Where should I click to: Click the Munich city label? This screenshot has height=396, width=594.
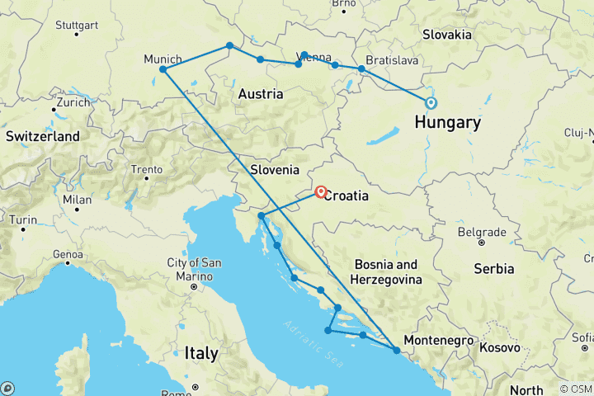click(163, 59)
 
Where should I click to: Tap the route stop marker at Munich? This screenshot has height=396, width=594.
click(163, 69)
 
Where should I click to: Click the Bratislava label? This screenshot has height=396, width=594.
click(394, 60)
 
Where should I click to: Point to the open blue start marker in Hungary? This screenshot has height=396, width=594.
click(431, 103)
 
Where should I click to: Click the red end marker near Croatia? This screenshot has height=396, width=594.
click(321, 191)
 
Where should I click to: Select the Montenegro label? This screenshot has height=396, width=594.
click(439, 340)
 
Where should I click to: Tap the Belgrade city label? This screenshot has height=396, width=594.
click(481, 232)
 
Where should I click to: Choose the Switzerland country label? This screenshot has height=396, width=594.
click(42, 136)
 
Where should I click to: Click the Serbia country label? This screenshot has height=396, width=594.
click(494, 269)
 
